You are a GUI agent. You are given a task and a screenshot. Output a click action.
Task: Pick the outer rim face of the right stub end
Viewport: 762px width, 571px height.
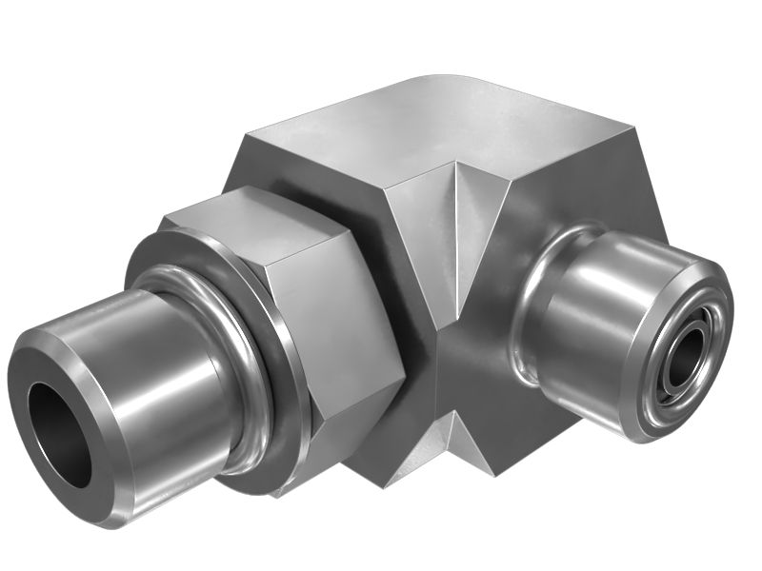click(x=710, y=314)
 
